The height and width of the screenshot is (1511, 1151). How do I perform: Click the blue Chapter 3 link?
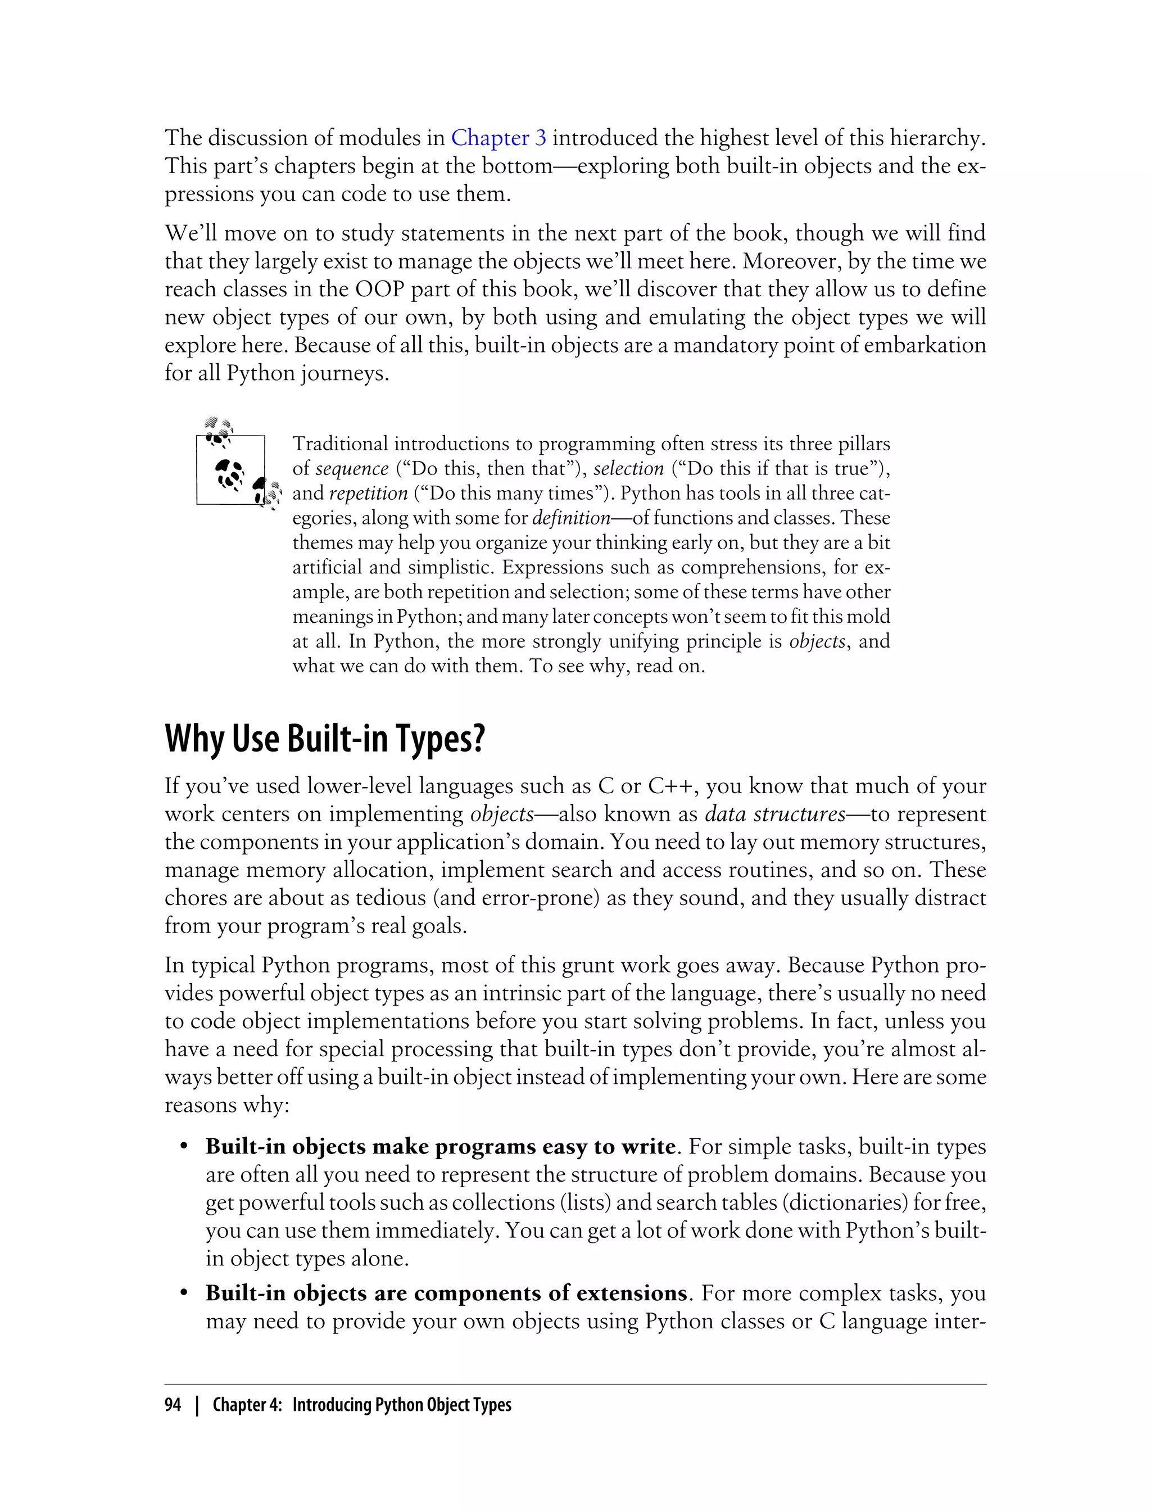tap(498, 138)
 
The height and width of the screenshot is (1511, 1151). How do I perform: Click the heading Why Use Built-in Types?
tap(325, 739)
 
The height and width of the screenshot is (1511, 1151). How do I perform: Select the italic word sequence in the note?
tap(351, 469)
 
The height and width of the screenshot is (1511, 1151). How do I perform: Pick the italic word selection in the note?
tap(628, 469)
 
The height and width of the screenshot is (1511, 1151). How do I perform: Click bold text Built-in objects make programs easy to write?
tap(441, 1146)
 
